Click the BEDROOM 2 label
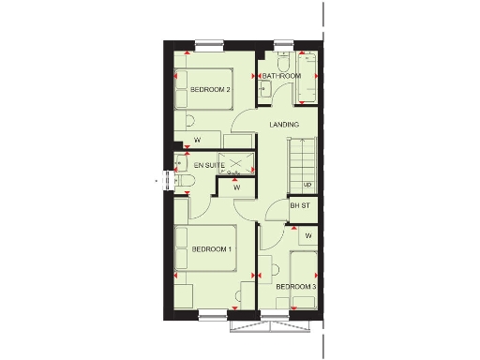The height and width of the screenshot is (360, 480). point(210,89)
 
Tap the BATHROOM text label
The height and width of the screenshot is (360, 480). point(281,75)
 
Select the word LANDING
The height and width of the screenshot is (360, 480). point(283,125)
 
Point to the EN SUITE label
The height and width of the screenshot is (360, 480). point(196,165)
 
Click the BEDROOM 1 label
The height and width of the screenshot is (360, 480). point(212,249)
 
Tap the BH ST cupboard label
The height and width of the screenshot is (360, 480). point(299,205)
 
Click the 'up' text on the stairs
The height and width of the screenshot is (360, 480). point(307,184)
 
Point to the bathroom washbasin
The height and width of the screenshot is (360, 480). point(263,89)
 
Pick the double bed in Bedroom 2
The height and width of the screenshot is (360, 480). point(203,90)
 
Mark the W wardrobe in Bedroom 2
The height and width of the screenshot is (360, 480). point(198,141)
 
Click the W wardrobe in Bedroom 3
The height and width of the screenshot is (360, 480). point(307,235)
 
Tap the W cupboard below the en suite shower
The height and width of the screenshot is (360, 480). point(236,187)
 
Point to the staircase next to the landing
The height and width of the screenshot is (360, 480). point(305,163)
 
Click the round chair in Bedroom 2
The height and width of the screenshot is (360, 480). point(189,120)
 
